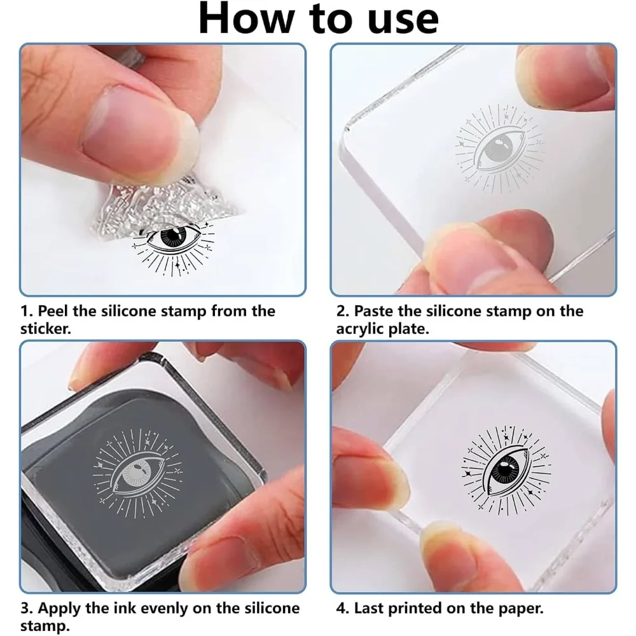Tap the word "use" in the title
coord(403,20)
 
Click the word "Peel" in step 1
coord(53,311)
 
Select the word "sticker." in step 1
coord(45,329)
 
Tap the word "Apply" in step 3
coord(60,609)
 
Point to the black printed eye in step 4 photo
coord(506,469)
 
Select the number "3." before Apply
coord(27,609)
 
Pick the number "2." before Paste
coord(343,311)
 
